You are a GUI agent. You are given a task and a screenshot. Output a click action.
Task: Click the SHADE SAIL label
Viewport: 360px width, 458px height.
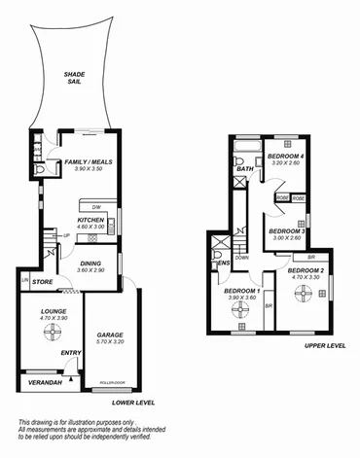pyautogui.click(x=73, y=78)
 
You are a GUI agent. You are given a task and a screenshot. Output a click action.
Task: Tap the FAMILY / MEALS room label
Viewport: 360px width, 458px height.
pyautogui.click(x=89, y=162)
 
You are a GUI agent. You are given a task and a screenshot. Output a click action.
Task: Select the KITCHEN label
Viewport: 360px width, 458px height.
pyautogui.click(x=90, y=221)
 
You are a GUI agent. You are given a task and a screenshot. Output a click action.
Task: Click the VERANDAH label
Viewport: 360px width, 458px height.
pyautogui.click(x=39, y=382)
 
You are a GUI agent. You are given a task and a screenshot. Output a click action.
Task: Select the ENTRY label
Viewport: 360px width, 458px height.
pyautogui.click(x=70, y=353)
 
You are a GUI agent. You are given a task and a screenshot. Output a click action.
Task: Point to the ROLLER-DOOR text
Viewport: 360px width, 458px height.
pyautogui.click(x=114, y=383)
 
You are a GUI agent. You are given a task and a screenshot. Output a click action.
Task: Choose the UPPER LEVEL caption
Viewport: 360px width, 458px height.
pyautogui.click(x=324, y=345)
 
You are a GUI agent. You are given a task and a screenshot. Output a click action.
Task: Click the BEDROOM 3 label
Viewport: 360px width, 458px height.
pyautogui.click(x=288, y=231)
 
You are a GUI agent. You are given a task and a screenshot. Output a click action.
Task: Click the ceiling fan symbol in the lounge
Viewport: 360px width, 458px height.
pyautogui.click(x=49, y=334)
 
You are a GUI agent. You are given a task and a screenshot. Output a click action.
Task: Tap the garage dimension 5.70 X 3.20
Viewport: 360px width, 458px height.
pyautogui.click(x=110, y=341)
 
